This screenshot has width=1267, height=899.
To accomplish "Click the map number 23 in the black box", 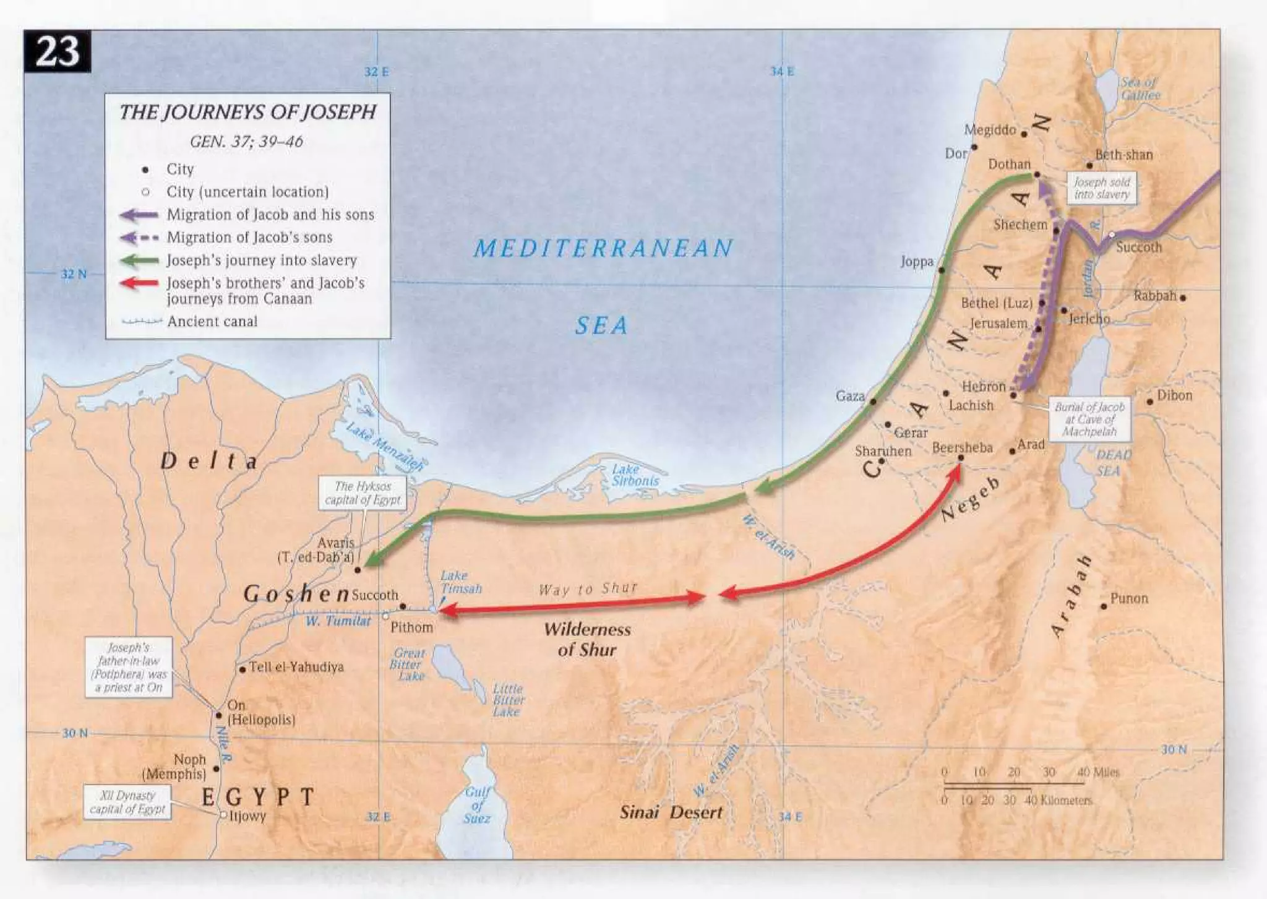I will tap(57, 51).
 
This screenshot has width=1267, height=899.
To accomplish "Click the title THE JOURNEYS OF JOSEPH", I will tap(247, 112).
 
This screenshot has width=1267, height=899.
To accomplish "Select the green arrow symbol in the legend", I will tap(140, 260).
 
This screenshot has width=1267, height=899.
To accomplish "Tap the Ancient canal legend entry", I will tap(212, 321).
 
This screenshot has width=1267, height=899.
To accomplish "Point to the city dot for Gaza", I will tap(873, 402).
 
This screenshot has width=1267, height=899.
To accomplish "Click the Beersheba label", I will tap(962, 447).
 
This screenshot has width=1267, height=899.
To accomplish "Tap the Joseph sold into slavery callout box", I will tap(1102, 188).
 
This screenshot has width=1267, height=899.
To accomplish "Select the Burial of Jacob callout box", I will tap(1089, 419).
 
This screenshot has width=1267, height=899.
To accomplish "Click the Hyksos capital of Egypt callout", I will tap(363, 493).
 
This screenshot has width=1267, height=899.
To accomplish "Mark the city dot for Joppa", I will tap(942, 270).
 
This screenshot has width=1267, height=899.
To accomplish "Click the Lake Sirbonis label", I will tap(635, 475).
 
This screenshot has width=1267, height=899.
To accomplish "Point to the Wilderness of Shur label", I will tap(587, 639).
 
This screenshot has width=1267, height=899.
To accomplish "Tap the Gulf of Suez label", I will tap(477, 805).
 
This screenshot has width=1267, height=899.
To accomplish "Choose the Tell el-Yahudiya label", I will tap(296, 667).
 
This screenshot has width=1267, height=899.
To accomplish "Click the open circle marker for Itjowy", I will tap(223, 815).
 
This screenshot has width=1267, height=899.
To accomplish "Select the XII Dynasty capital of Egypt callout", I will tap(127, 802).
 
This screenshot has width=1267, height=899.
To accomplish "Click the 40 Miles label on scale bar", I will tap(1098, 772).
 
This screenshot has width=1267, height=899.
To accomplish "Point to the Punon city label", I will tap(1129, 598).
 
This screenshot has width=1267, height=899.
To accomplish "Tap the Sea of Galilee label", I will tap(1140, 88).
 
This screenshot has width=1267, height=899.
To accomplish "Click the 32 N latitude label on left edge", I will tap(74, 274).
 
